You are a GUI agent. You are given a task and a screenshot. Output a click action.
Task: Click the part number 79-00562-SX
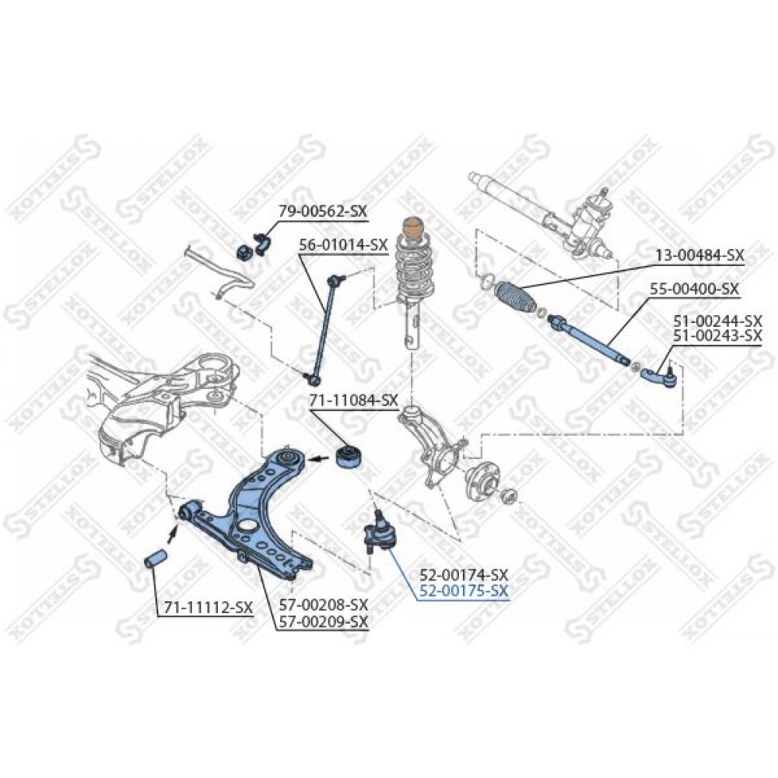[x=323, y=211]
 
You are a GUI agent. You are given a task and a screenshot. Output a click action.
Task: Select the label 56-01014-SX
[x=343, y=244]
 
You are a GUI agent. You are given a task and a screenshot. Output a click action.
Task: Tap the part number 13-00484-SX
[x=700, y=255]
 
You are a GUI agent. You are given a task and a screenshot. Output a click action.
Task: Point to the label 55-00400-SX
[x=694, y=289]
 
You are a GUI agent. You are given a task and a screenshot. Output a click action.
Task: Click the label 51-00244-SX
[x=717, y=321]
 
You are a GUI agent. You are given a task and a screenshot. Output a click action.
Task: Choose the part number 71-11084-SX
[x=354, y=399]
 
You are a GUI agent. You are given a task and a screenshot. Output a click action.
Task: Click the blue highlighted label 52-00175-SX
[x=464, y=591]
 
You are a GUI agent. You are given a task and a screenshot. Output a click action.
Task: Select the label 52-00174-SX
[x=464, y=575]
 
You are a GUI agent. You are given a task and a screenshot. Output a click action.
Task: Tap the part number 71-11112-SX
[x=205, y=607]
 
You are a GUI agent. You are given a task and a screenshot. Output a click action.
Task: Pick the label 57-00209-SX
[x=324, y=621]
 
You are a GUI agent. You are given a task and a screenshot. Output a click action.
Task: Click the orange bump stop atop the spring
[x=410, y=230]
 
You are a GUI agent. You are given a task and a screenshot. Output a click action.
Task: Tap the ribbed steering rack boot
[x=514, y=298]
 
